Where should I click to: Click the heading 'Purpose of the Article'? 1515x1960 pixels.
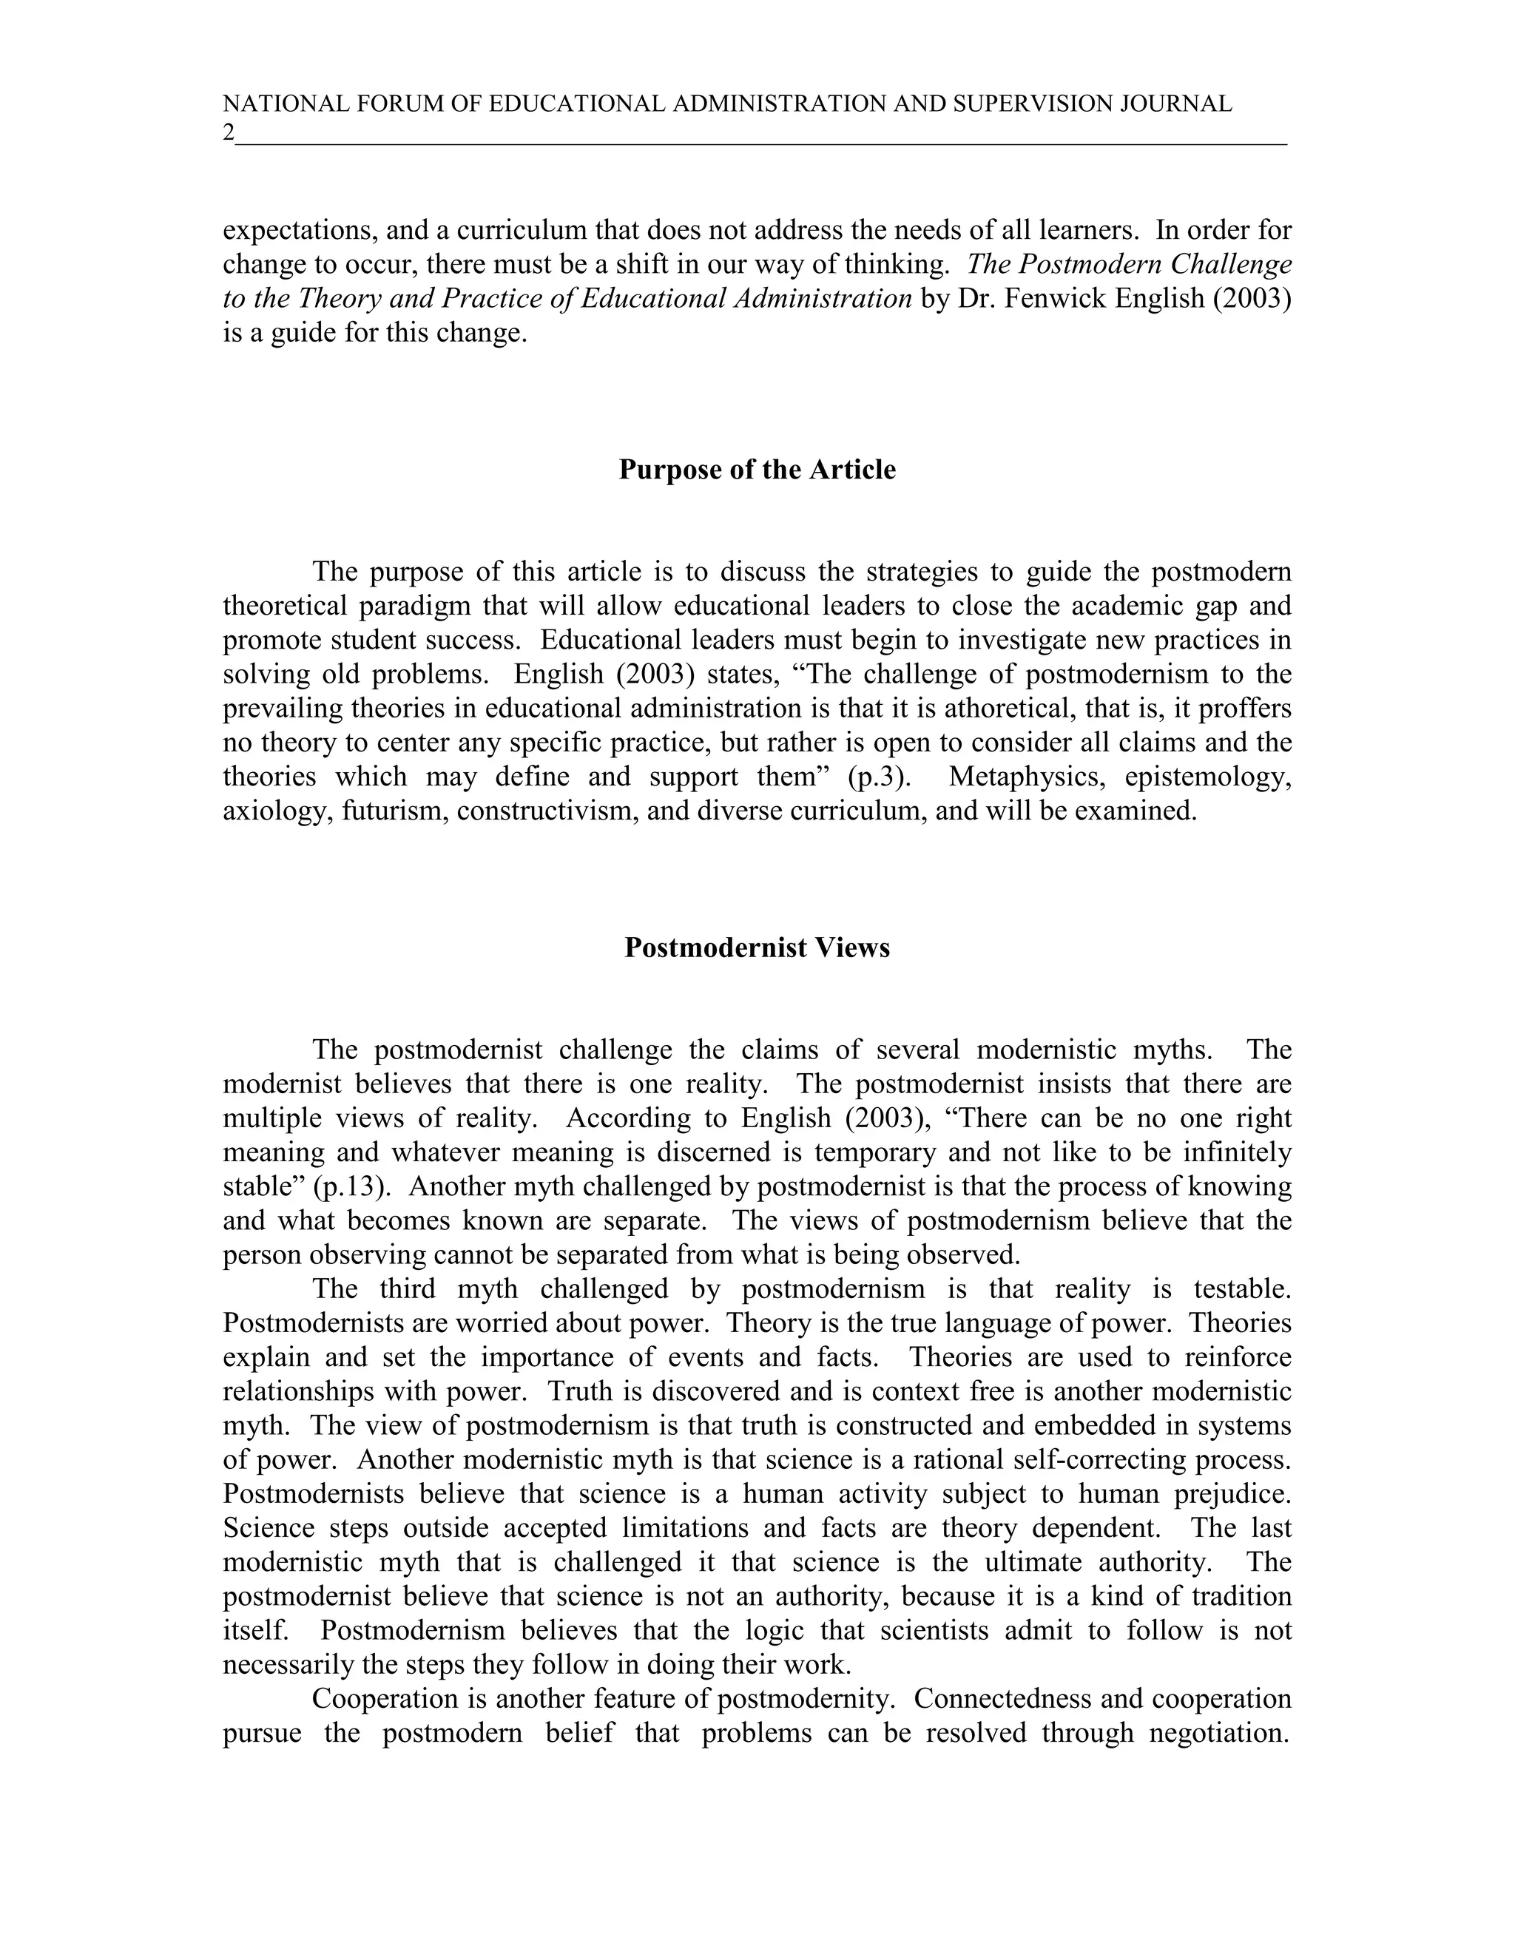point(757,470)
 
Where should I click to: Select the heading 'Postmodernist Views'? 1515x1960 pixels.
point(757,947)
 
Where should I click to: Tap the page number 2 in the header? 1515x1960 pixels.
point(228,133)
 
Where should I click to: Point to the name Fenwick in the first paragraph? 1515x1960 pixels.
point(1056,298)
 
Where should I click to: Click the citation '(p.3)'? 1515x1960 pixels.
point(879,777)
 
